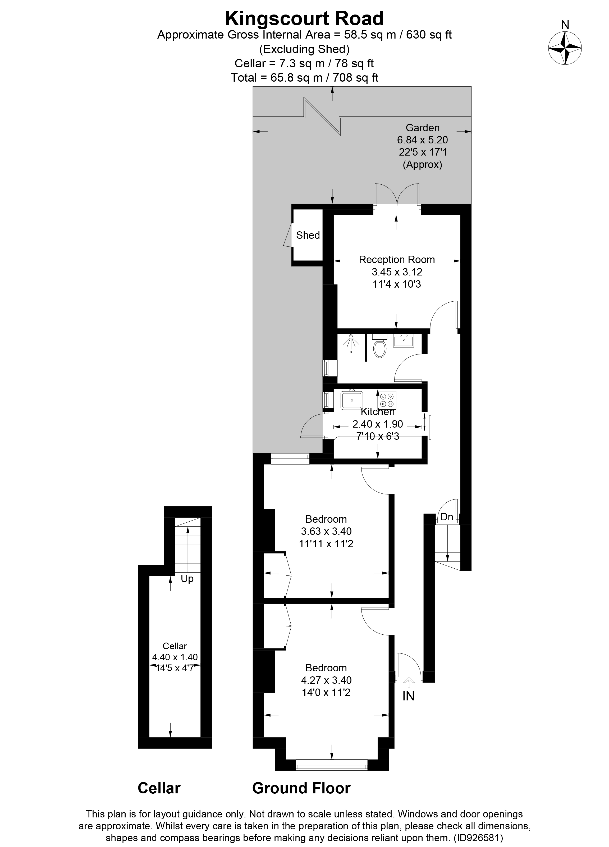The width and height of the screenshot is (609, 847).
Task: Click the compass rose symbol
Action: tap(565, 49)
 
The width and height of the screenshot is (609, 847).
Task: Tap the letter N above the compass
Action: tap(565, 25)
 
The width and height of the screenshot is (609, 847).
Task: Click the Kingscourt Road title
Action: tap(304, 18)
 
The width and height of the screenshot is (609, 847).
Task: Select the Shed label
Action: tap(308, 235)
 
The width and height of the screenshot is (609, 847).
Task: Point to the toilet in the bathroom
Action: tap(380, 346)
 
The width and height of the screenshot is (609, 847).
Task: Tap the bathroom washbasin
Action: tap(403, 341)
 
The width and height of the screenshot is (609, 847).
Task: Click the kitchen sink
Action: tap(351, 400)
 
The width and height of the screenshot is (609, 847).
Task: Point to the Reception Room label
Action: tap(397, 260)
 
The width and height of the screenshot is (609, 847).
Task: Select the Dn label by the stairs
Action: tap(447, 517)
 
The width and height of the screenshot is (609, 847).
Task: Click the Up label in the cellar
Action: tap(187, 579)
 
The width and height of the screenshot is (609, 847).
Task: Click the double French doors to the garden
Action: tap(397, 194)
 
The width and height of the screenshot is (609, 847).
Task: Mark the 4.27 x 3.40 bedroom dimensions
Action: tap(326, 680)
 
